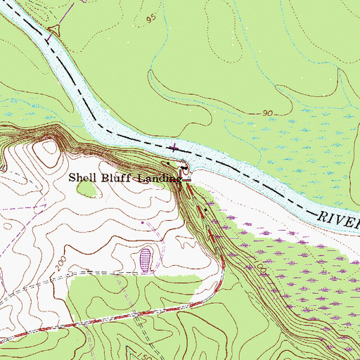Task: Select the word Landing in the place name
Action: point(158,179)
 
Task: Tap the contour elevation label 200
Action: point(60,263)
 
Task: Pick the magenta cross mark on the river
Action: point(174,147)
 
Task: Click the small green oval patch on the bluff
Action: point(87,188)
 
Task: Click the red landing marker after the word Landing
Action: point(187,180)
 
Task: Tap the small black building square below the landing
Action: point(205,209)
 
